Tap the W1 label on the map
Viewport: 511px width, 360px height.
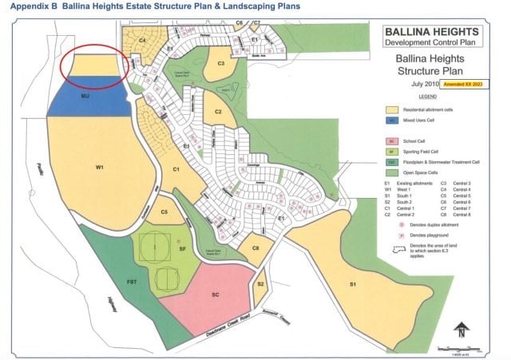pos(100,168)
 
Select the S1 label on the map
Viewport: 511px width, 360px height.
pos(352,284)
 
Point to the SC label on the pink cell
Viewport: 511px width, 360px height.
pos(215,294)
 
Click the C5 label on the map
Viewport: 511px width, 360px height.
pos(164,212)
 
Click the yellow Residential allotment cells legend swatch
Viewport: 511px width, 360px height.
pos(391,109)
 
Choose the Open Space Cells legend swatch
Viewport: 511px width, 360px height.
pos(391,172)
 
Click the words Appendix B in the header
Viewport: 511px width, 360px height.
pos(27,8)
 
